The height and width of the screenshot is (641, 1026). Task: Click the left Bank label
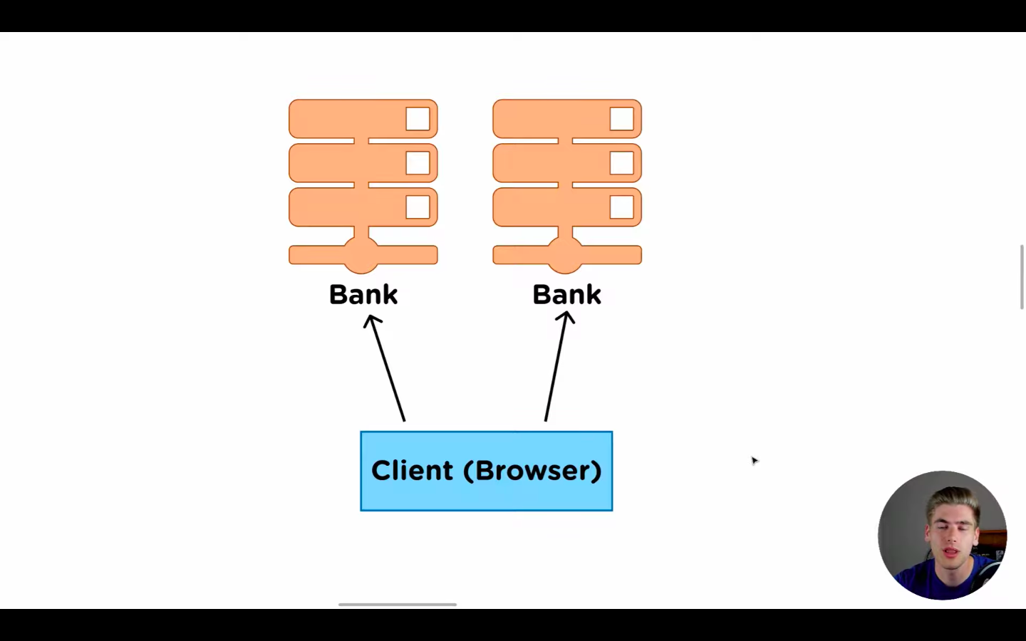click(363, 294)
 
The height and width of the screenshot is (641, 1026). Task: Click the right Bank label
click(566, 294)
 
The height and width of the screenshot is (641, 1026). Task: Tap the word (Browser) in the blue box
click(532, 471)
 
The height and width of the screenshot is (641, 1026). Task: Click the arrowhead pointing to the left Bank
click(373, 321)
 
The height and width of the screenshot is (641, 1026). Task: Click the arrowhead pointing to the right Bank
click(566, 318)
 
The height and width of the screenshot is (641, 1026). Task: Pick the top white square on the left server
click(418, 119)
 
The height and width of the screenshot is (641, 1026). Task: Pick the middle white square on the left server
click(418, 163)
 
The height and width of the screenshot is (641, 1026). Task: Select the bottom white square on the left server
click(418, 207)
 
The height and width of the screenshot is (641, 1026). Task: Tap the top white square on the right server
click(621, 119)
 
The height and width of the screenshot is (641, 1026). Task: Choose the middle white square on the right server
click(621, 163)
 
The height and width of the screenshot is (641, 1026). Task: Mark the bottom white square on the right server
click(621, 207)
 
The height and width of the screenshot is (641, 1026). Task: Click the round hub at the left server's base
click(361, 254)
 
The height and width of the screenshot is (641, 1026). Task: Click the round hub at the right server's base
click(565, 254)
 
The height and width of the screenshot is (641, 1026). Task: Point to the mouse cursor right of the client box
click(755, 461)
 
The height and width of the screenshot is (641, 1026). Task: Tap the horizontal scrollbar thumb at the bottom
click(397, 605)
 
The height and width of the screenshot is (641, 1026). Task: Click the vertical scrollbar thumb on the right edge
click(1022, 277)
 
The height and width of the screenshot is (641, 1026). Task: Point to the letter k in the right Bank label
click(592, 294)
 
